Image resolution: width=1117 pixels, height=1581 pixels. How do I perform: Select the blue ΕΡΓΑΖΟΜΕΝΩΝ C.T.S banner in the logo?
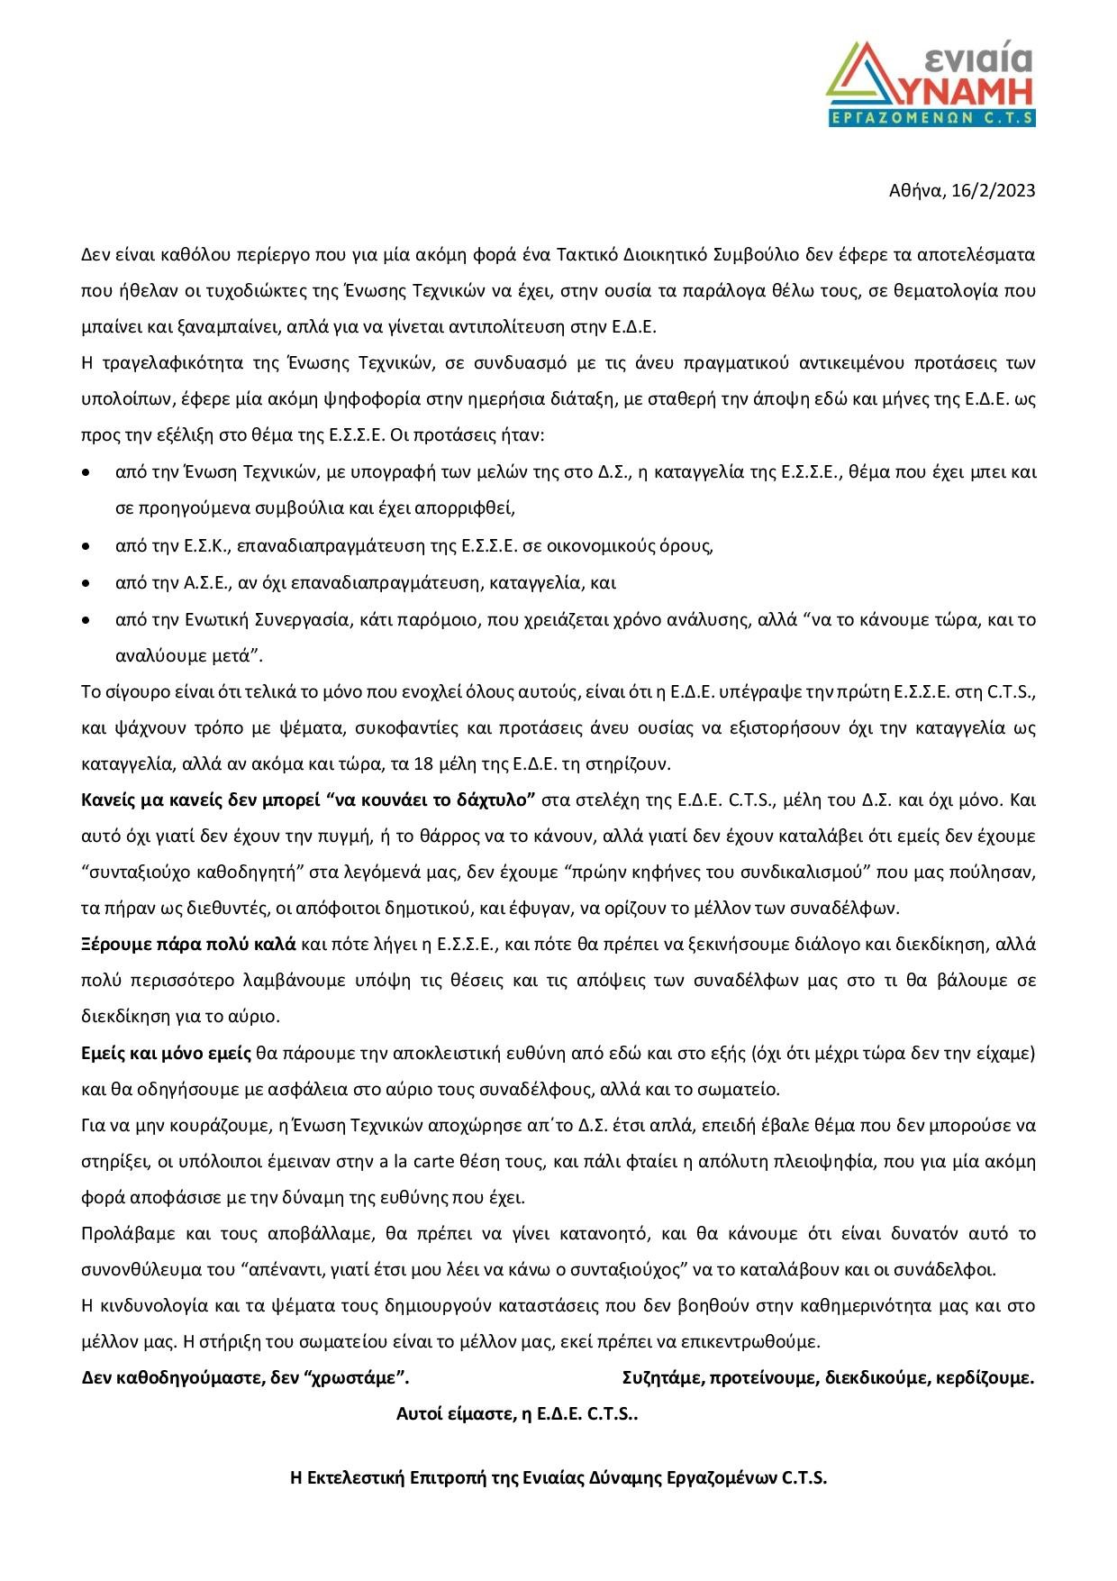(x=931, y=117)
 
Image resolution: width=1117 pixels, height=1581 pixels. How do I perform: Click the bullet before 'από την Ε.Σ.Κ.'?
(x=86, y=546)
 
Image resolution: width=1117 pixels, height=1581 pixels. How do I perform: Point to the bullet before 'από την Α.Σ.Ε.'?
(x=86, y=583)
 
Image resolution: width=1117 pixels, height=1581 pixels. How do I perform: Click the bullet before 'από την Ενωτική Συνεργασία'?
(x=86, y=620)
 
